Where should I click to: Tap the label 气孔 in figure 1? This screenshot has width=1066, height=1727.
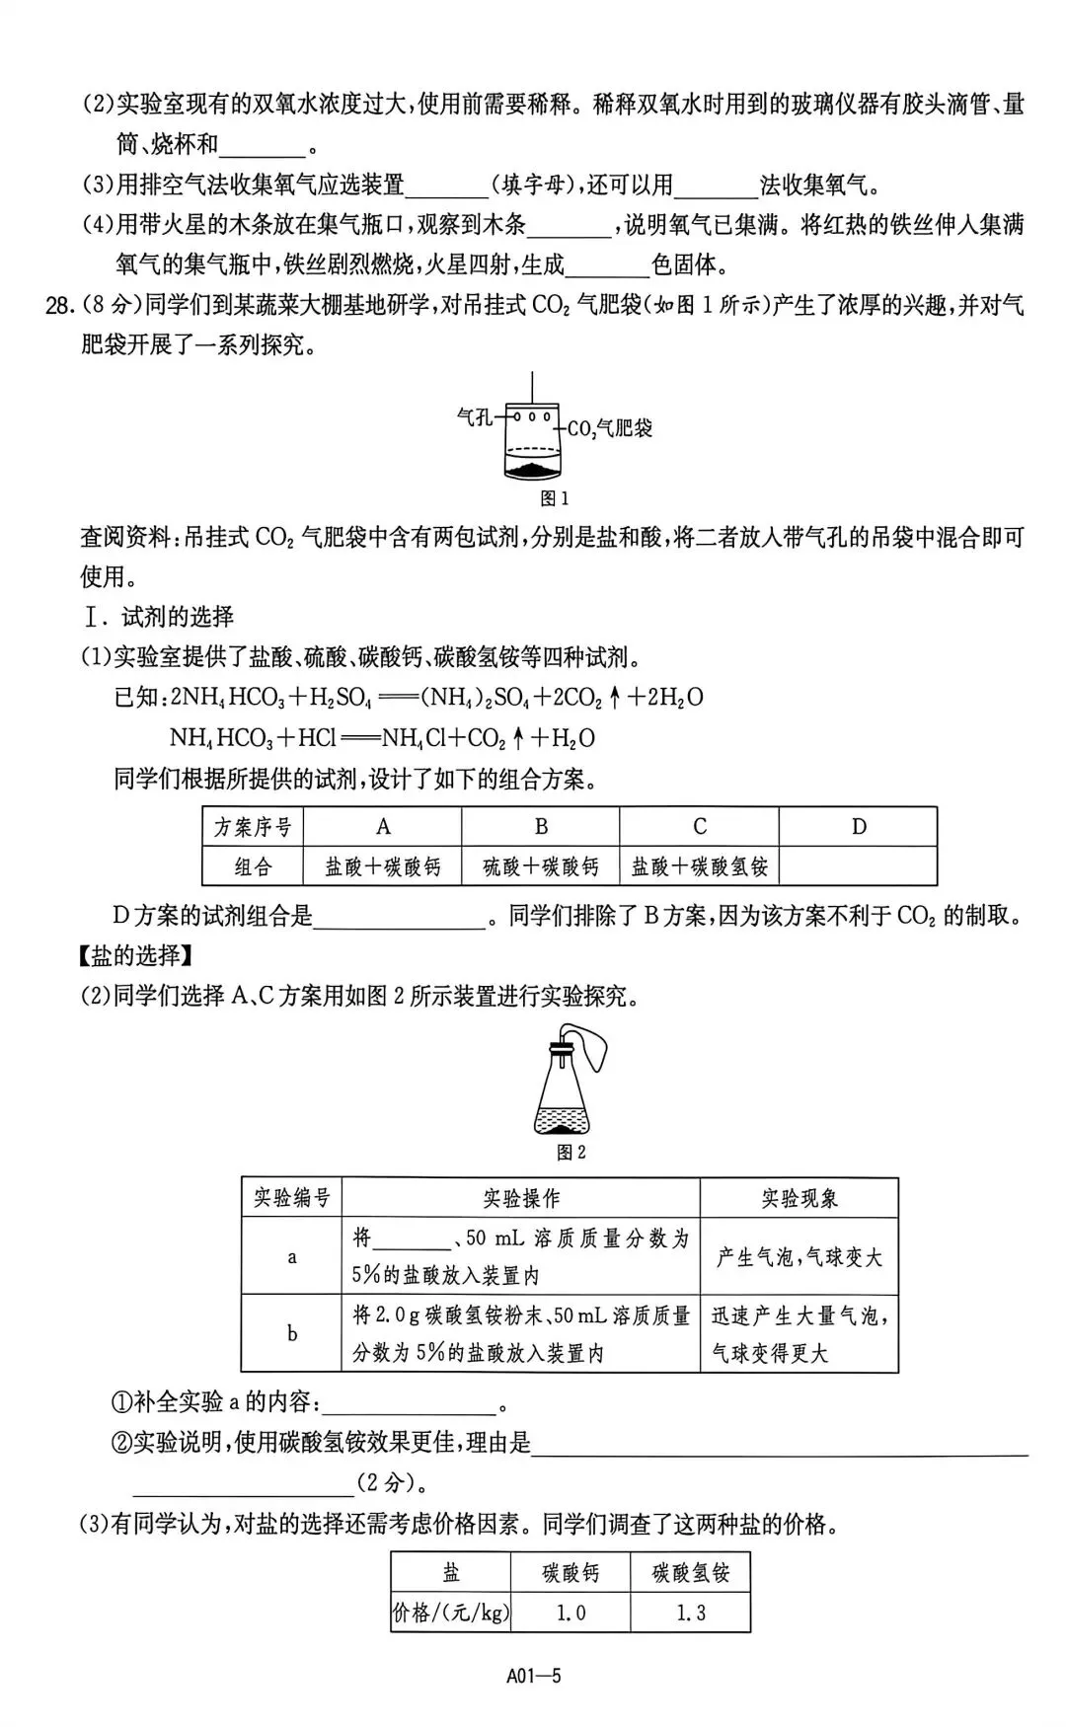coord(475,417)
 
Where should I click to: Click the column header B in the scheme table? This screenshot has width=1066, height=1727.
coord(541,827)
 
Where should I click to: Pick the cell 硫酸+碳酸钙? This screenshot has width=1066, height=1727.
coord(541,867)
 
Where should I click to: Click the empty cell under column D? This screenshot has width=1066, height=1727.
coord(858,867)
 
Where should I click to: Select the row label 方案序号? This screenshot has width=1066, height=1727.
coord(254,827)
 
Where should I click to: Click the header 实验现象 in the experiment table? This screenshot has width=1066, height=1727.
coord(799,1198)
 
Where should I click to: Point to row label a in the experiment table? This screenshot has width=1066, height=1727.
coord(292,1256)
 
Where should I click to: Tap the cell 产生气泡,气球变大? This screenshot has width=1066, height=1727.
coord(799,1256)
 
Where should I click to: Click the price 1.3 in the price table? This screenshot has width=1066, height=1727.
coord(690,1614)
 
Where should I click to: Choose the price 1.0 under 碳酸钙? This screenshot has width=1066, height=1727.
coord(571,1614)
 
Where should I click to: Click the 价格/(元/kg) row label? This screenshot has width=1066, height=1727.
coord(451,1614)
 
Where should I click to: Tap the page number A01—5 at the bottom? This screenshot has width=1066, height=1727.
coord(533,1675)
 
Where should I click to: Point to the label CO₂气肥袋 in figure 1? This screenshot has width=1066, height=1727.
coord(609,428)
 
